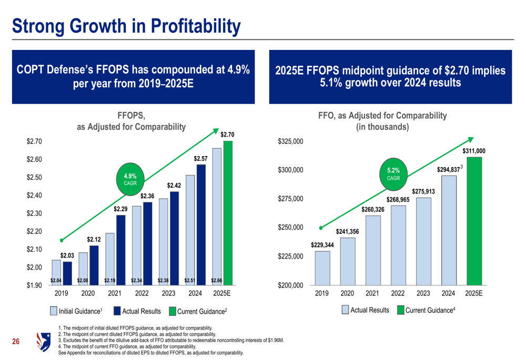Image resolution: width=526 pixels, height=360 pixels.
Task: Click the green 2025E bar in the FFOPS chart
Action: pyautogui.click(x=228, y=213)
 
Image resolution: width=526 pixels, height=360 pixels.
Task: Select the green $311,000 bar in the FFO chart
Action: pyautogui.click(x=474, y=221)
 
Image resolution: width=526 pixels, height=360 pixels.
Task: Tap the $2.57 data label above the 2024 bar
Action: pyautogui.click(x=201, y=158)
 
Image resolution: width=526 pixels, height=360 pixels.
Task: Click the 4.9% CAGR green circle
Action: pyautogui.click(x=130, y=179)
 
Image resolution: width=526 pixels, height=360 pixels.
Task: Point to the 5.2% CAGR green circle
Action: pyautogui.click(x=393, y=173)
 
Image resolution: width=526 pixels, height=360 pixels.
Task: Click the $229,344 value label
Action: pyautogui.click(x=322, y=245)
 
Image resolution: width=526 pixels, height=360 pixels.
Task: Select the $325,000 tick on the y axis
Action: pyautogui.click(x=290, y=141)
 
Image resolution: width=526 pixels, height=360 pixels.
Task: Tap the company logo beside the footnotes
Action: pyautogui.click(x=42, y=341)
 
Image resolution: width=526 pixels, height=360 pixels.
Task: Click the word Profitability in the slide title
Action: pyautogui.click(x=195, y=25)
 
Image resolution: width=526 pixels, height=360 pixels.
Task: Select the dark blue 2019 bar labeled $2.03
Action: pyautogui.click(x=67, y=273)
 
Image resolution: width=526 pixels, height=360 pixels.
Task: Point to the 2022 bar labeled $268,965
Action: pyautogui.click(x=398, y=245)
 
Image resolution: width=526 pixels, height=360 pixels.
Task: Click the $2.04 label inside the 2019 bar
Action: pyautogui.click(x=56, y=281)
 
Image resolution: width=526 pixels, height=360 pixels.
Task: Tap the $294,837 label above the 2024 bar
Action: pyautogui.click(x=448, y=170)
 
